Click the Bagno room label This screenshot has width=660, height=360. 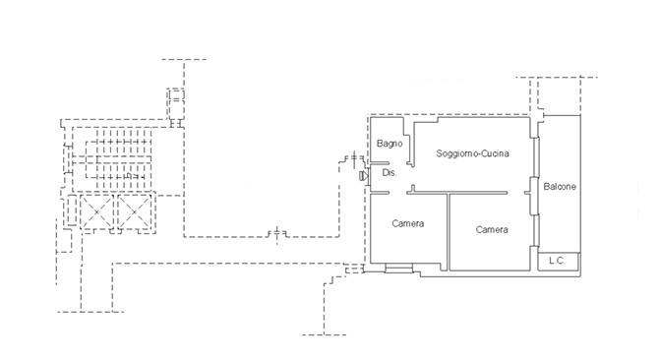point(390,144)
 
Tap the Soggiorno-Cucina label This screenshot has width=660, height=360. point(472,153)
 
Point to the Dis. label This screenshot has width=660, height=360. point(389,173)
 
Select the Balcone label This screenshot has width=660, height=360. point(560,186)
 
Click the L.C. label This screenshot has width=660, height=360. point(557,261)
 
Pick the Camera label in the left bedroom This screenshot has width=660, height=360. point(408,223)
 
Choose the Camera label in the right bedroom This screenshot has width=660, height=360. point(492,229)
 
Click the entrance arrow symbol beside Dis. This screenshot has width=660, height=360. point(364,176)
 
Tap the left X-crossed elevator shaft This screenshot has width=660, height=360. point(96,211)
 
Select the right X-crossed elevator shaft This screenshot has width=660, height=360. point(134,211)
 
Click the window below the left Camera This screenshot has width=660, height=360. point(398,269)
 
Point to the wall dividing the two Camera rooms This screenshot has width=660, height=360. point(449,231)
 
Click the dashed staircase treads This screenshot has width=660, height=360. point(118,159)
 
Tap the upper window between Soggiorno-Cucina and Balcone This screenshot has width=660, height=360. point(537,156)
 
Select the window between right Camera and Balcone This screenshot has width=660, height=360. point(537,230)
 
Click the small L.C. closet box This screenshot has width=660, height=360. point(559,261)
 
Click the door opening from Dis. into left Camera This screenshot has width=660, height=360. point(397,193)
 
